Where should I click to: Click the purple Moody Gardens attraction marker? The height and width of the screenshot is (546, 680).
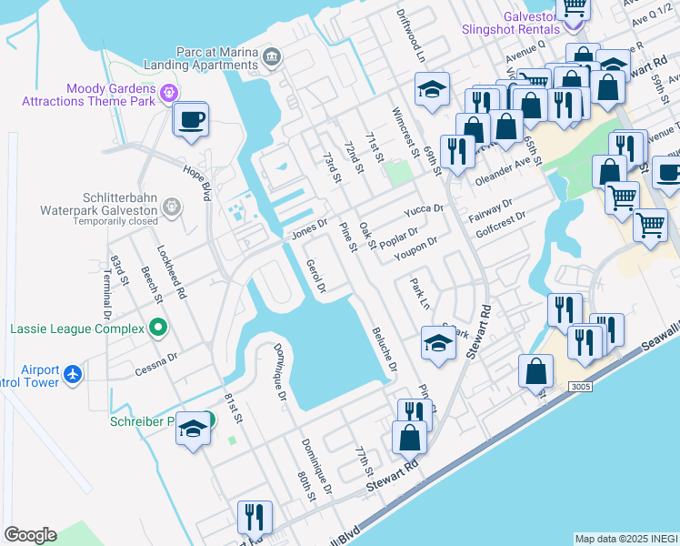point(167,93)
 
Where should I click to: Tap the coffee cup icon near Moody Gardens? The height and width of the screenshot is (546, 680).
point(191,121)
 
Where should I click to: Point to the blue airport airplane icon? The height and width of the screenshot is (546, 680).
point(73,373)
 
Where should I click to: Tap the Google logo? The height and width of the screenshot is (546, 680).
point(30,535)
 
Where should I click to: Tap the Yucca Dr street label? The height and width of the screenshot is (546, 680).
point(424,210)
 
